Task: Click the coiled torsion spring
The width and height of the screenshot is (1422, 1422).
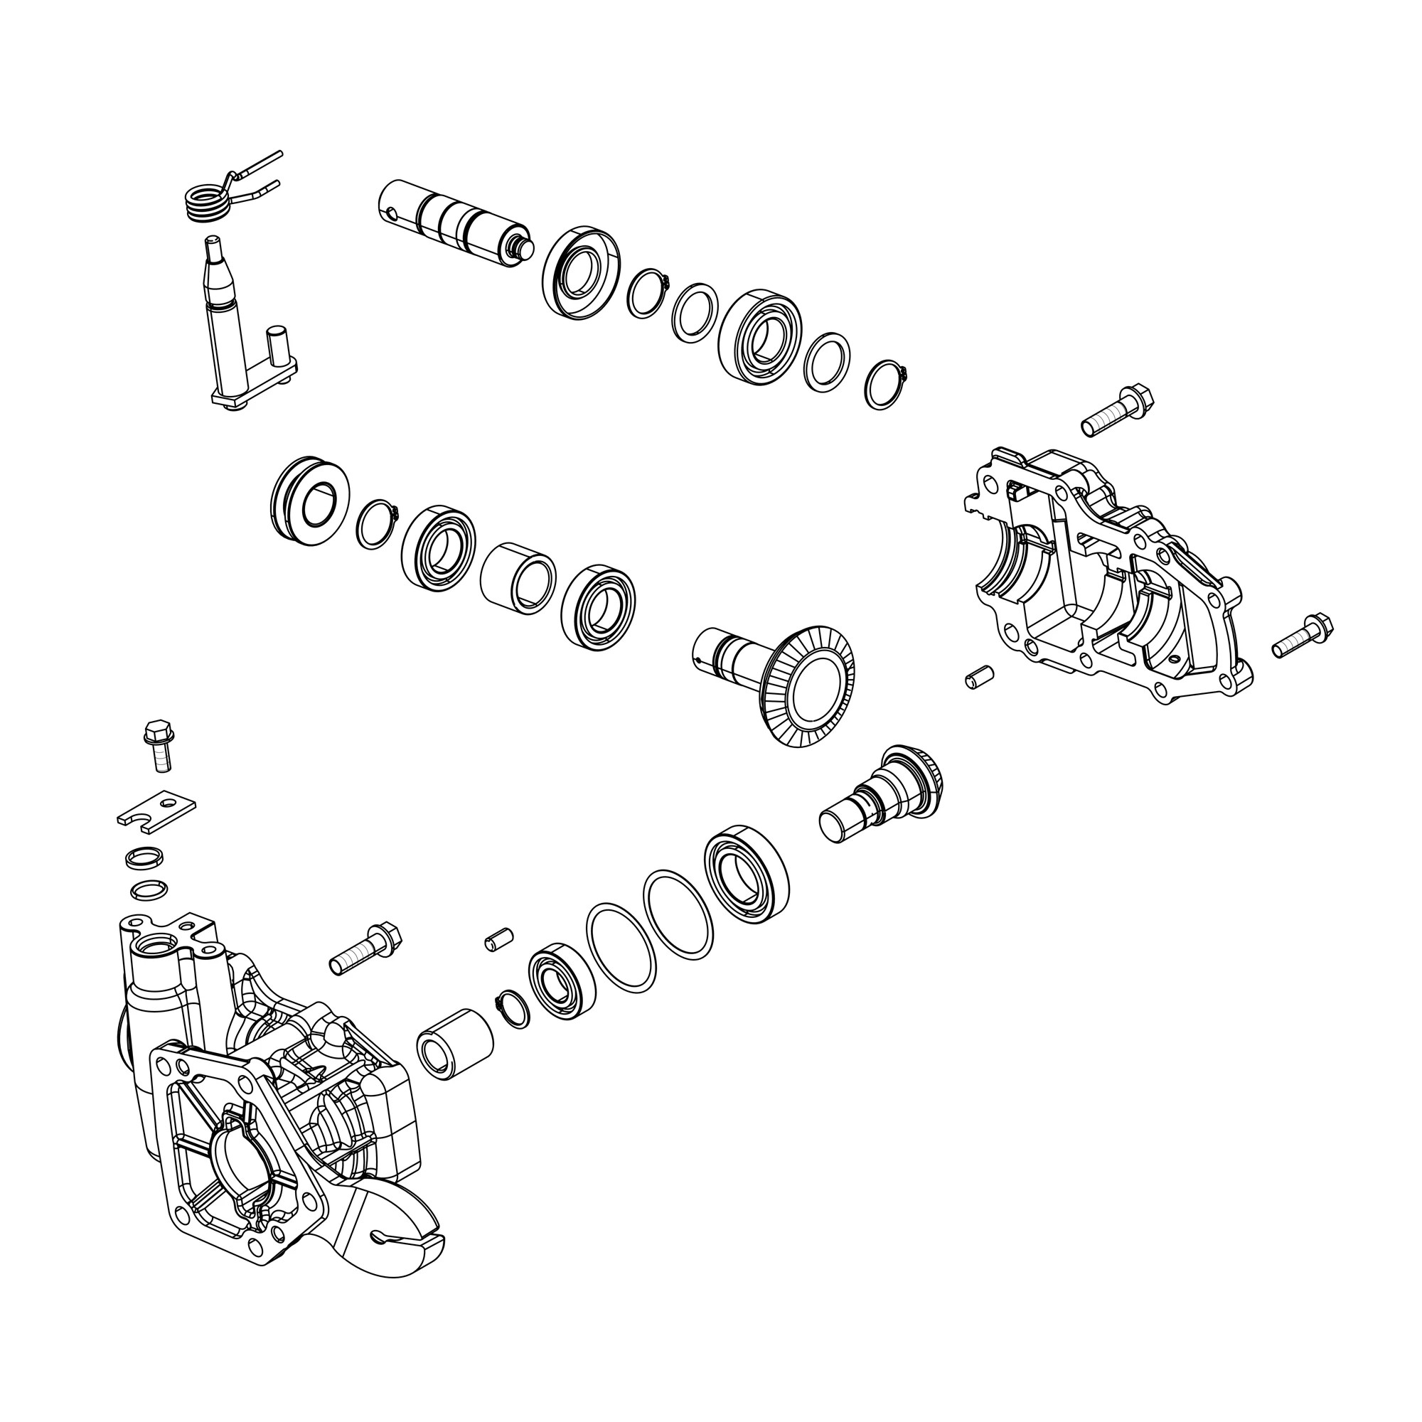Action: [x=207, y=202]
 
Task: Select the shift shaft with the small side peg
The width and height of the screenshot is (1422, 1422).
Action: [x=225, y=324]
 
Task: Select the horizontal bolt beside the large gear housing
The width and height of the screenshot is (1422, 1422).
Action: [x=365, y=949]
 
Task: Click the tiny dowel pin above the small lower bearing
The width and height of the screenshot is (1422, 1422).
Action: [x=498, y=941]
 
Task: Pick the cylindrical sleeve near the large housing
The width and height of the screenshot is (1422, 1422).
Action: [x=454, y=1044]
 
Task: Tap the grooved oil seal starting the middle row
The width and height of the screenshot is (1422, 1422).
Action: [x=309, y=501]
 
